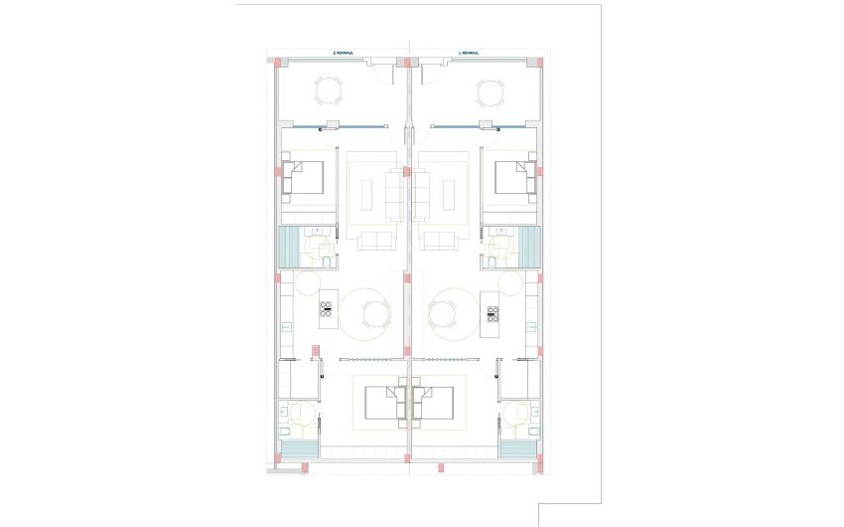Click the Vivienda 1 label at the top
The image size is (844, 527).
(x=469, y=53)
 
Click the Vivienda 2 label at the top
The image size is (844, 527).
(x=344, y=53)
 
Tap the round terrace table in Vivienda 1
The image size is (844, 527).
(x=490, y=93)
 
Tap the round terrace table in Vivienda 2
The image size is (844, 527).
(x=330, y=93)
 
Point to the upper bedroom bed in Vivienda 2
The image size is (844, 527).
(x=303, y=179)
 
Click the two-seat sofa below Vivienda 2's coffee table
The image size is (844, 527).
(x=375, y=240)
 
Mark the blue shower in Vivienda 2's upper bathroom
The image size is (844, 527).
(x=290, y=248)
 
